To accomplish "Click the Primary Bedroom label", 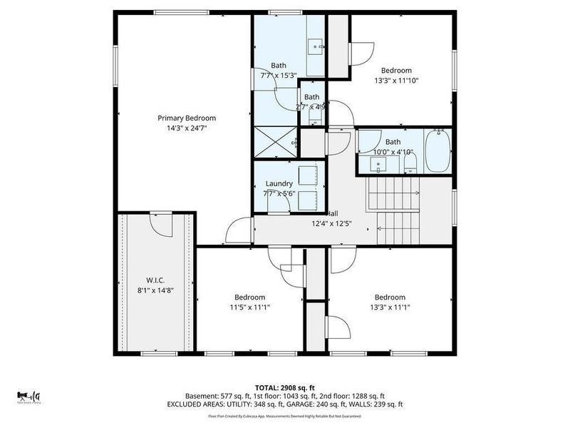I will click(x=187, y=118).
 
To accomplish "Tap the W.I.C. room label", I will click(x=156, y=280).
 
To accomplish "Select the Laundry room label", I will click(x=279, y=183).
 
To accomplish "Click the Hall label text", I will click(x=332, y=213).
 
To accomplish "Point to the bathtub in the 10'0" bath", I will click(x=437, y=151).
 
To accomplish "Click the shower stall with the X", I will click(x=275, y=142).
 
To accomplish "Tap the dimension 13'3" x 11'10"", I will click(x=396, y=81).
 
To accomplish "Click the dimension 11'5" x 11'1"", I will click(x=250, y=307).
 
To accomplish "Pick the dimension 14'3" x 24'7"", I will click(x=187, y=128).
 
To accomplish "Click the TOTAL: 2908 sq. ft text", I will click(x=285, y=387).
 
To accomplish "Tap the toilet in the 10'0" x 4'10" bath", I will click(x=410, y=165).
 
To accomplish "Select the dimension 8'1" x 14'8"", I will click(x=156, y=290).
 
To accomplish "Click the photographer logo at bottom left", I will click(x=29, y=396).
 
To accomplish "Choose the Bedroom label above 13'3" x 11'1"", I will click(x=390, y=297).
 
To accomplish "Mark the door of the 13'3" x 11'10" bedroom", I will click(x=362, y=52).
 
